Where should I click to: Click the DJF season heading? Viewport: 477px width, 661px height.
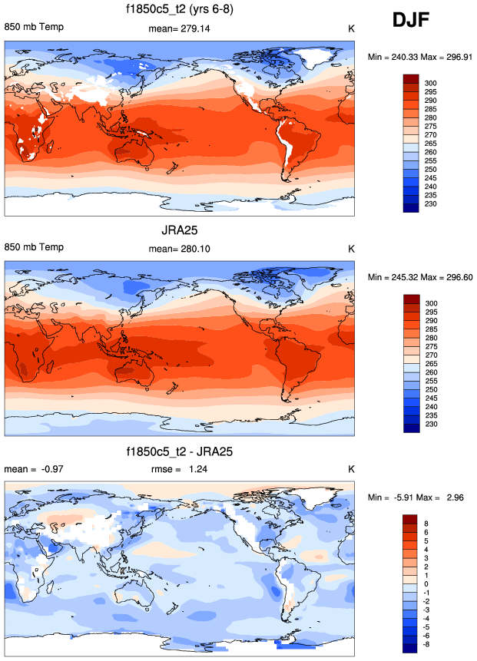point(416,21)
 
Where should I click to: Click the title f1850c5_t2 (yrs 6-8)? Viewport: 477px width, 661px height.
point(180,10)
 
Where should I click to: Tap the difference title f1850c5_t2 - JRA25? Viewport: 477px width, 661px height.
point(181,452)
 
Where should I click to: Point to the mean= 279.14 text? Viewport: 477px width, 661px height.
point(179,29)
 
